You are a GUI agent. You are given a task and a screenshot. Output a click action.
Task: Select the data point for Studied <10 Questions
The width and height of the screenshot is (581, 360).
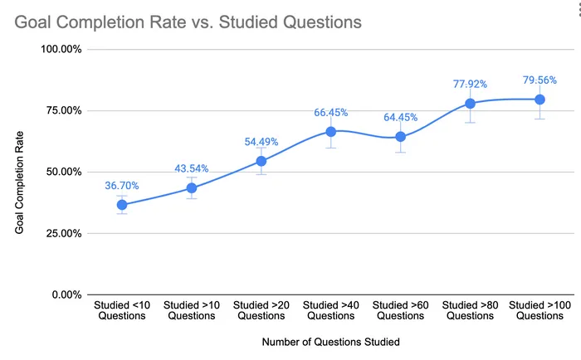pos(122,205)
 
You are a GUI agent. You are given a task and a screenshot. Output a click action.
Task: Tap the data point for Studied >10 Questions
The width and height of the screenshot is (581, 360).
pos(192,187)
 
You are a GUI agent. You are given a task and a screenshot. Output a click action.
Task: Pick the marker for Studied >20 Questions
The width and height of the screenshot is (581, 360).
pos(261,161)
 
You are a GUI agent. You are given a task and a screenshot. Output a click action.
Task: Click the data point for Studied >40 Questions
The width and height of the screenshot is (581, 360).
pos(331,132)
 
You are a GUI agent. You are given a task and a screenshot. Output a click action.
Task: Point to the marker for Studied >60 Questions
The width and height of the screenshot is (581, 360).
pos(401,137)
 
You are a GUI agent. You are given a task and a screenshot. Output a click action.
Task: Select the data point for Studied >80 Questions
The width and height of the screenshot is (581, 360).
pos(471,104)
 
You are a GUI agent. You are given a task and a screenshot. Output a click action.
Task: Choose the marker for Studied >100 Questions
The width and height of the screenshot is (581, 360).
pos(539,100)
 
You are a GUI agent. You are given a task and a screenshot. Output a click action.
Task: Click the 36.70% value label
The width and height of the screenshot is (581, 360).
pos(122,186)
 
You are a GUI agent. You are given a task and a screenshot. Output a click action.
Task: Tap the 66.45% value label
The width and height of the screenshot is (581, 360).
pos(331,112)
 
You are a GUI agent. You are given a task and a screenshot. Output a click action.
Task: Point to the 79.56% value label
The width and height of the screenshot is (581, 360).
pos(539,80)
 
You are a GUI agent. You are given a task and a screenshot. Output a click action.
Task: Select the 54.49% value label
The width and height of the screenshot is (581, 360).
pos(261,142)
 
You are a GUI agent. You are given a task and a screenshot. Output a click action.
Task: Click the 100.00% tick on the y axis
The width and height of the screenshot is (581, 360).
pos(61,49)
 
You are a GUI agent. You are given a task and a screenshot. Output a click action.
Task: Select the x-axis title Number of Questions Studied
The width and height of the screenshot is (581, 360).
pos(331,342)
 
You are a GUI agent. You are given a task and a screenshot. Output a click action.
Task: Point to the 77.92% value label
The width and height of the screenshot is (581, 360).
pos(471,84)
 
